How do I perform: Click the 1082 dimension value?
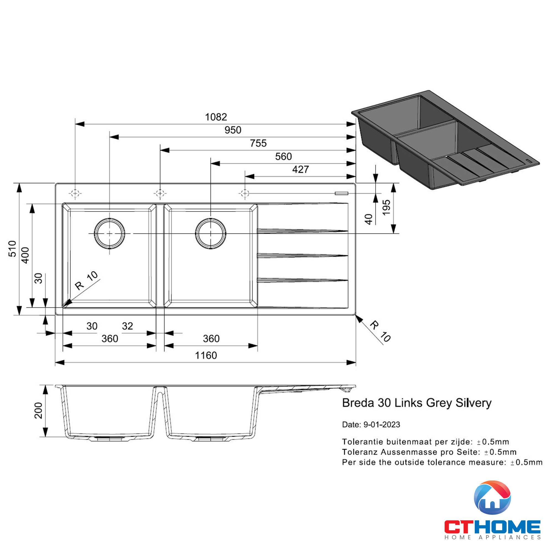tap(216, 117)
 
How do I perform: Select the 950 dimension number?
tap(233, 130)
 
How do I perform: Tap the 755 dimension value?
tap(258, 143)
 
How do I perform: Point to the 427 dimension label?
tap(300, 169)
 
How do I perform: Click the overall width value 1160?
tap(206, 355)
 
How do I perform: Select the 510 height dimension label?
tap(12, 249)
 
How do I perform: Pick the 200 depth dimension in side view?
tap(38, 411)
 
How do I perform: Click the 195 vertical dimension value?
tap(386, 208)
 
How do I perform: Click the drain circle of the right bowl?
tap(211, 233)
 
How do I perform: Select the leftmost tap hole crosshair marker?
tap(75, 194)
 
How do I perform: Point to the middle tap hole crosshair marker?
tap(160, 194)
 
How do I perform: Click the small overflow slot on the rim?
tap(341, 193)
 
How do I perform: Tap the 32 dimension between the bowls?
tap(128, 326)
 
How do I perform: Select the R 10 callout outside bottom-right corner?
tap(380, 331)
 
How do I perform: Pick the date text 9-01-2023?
tap(381, 424)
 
